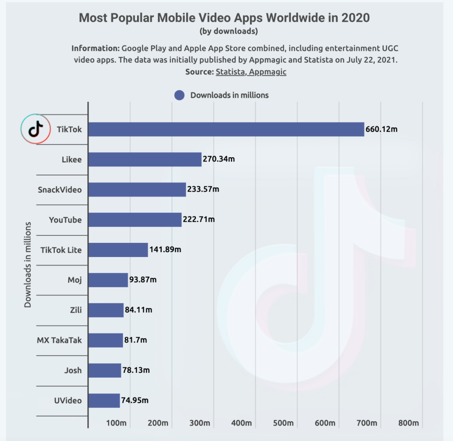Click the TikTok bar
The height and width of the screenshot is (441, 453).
(226, 129)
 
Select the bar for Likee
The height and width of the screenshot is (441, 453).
(145, 159)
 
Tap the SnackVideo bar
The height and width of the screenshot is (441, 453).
(137, 189)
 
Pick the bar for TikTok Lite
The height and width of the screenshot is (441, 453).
(118, 250)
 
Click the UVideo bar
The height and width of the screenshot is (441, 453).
(104, 400)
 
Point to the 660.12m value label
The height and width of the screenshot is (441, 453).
(381, 130)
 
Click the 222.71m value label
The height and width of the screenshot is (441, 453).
(199, 219)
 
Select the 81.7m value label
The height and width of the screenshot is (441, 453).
(135, 340)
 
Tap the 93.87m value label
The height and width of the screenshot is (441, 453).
(143, 280)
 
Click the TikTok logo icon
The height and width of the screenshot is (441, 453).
(35, 129)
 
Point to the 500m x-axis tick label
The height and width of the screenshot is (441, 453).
(283, 423)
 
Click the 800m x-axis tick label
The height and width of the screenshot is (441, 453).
(408, 423)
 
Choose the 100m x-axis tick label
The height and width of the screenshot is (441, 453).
(116, 423)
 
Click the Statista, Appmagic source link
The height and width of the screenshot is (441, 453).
(251, 72)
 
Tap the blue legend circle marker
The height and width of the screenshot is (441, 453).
(179, 95)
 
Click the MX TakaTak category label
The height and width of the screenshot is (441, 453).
(59, 340)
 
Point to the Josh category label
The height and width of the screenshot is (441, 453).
(73, 370)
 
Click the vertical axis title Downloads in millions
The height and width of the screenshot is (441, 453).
(28, 265)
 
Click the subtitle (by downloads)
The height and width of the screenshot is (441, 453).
(228, 31)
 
